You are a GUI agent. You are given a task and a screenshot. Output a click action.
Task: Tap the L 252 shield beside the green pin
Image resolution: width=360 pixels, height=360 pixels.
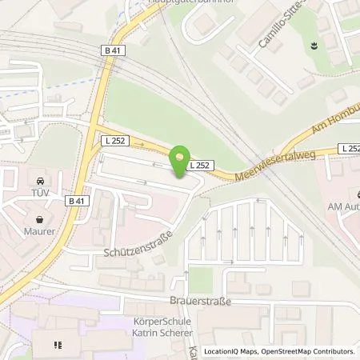(200, 165)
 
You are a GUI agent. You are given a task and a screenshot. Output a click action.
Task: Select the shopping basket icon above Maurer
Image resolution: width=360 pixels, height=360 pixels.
(38, 218)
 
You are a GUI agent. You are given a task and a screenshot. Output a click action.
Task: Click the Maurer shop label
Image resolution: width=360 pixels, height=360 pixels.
(38, 231)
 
